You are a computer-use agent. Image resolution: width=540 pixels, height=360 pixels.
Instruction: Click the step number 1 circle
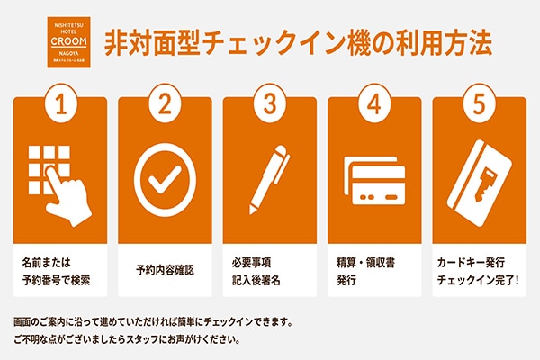tap(60, 104)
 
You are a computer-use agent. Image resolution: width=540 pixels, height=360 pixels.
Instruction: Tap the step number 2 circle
tap(165, 104)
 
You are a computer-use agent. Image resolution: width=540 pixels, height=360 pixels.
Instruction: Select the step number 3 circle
tap(269, 104)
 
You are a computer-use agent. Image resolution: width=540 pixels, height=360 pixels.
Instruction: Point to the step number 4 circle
tap(373, 104)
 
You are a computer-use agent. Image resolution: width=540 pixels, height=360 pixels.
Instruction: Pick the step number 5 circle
tap(478, 104)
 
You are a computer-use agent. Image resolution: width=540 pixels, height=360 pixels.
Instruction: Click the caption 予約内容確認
tap(165, 270)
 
